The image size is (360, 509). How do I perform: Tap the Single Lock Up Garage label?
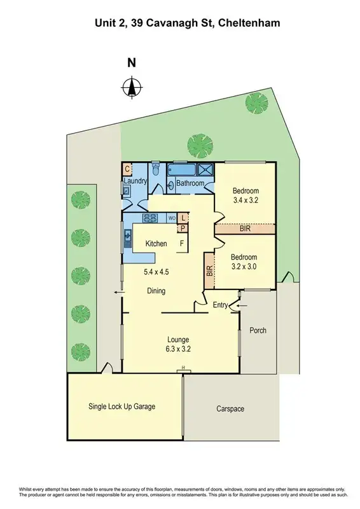[121, 406]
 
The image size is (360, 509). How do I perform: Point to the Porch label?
[258, 330]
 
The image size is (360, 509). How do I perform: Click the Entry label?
[220, 305]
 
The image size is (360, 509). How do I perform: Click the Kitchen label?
[156, 244]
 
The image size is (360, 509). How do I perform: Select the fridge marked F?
[181, 243]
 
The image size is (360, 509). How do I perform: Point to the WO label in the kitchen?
[171, 218]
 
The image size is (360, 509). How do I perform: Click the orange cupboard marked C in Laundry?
[127, 169]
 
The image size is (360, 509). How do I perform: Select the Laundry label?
[135, 181]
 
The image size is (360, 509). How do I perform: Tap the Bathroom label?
[190, 184]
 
